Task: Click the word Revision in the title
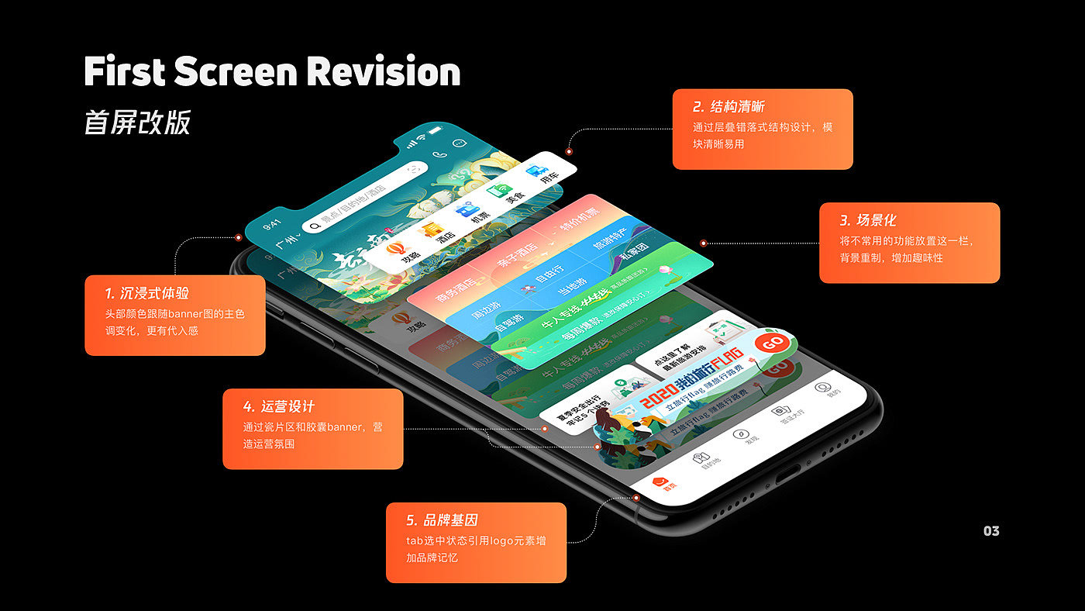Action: (384, 71)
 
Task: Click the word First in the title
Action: (124, 71)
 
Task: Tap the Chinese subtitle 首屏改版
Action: (137, 123)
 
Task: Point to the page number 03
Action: (991, 531)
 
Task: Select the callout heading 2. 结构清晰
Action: (728, 107)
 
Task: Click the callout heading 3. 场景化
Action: (867, 220)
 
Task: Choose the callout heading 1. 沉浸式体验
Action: (146, 293)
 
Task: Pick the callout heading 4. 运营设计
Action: (278, 406)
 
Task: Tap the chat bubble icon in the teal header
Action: (460, 143)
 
